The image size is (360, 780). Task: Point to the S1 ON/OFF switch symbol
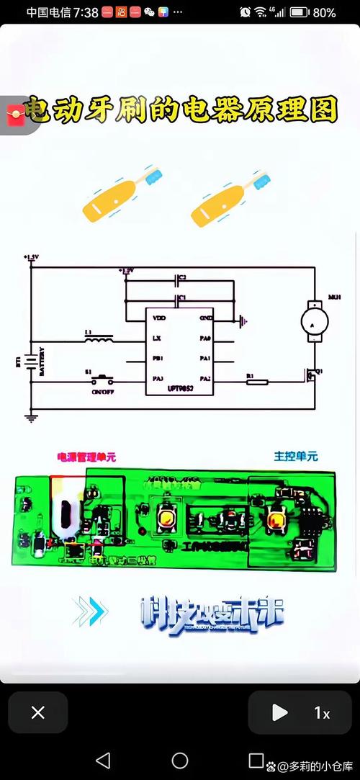tap(103, 377)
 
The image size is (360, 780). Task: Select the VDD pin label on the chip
tap(159, 318)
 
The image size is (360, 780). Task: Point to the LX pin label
tap(157, 338)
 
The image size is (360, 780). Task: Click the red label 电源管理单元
tap(86, 457)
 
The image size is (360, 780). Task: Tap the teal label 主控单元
tap(295, 457)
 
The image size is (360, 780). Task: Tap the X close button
tap(38, 713)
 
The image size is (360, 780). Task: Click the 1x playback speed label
tap(322, 713)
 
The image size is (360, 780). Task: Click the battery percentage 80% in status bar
tap(325, 12)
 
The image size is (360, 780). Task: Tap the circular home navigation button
tap(180, 761)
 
